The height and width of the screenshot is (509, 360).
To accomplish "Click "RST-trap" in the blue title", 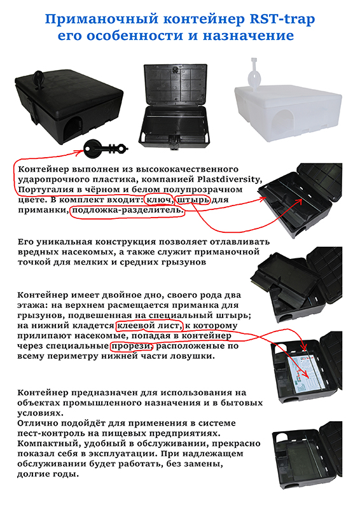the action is [x=282, y=20].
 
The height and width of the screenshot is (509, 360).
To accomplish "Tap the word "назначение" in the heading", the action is [x=248, y=36].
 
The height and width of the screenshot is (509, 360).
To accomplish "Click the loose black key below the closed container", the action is [x=105, y=149].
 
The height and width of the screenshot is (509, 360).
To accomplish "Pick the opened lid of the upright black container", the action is [x=176, y=85].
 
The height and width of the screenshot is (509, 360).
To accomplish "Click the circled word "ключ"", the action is [x=159, y=200].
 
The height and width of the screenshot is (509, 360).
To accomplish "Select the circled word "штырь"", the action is [x=193, y=200].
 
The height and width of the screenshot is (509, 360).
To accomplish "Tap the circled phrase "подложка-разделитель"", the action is [x=128, y=210].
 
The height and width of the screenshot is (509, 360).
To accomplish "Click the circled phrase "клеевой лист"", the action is [x=148, y=325].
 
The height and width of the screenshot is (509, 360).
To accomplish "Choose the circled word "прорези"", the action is [x=132, y=346].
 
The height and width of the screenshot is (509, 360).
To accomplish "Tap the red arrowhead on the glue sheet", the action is [x=305, y=376].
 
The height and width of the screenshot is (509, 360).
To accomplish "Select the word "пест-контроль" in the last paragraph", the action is [x=49, y=434].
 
